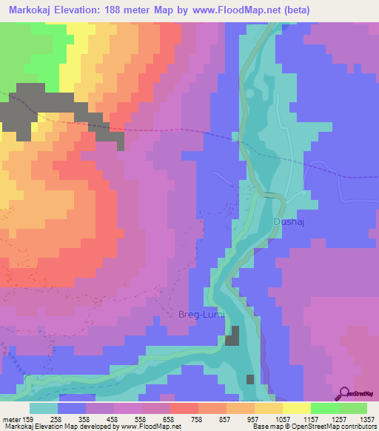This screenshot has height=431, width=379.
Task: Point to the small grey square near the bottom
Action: pyautogui.click(x=250, y=379)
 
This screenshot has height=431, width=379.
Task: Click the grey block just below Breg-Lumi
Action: pyautogui.click(x=234, y=335)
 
